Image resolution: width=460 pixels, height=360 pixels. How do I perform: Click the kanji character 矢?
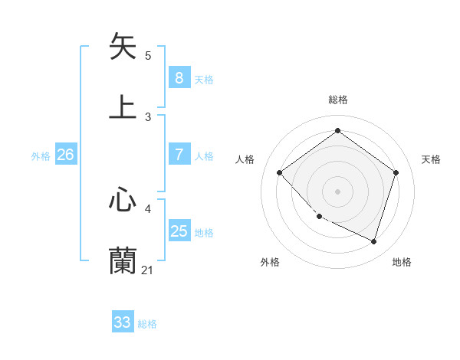123,47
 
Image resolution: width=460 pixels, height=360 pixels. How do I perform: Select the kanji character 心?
123,201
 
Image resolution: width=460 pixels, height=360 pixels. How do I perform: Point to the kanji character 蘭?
123,261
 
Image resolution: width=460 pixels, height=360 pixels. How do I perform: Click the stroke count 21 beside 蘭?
147,270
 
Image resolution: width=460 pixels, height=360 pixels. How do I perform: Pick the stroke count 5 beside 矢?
148,55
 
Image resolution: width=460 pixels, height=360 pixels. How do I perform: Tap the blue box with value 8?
179,78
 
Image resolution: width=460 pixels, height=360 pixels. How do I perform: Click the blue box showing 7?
179,155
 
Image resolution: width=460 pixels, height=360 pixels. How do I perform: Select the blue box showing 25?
179,231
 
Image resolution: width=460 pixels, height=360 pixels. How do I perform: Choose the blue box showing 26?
65,155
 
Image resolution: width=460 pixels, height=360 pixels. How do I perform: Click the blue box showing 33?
123,322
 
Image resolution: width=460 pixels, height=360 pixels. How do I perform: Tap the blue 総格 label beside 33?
147,324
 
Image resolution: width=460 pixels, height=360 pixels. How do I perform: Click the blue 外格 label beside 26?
41,156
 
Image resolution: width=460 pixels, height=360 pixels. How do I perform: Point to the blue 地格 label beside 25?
204,233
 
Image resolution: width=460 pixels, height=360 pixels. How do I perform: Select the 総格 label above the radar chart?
337,100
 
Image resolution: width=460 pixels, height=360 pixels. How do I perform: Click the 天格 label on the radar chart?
431,159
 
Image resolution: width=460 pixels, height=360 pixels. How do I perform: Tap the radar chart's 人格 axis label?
245,159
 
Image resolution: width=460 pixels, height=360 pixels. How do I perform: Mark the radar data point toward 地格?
373,241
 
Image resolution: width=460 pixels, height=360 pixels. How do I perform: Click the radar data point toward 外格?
319,217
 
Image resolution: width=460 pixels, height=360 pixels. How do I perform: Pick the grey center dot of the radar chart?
337,191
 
